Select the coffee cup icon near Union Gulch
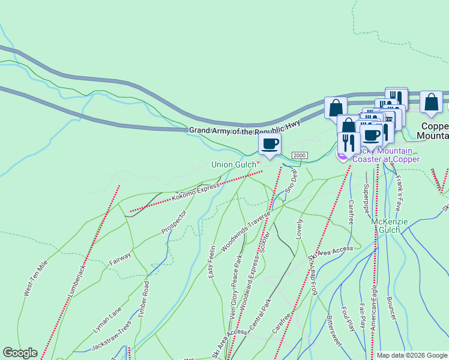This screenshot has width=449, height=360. pyautogui.click(x=270, y=145)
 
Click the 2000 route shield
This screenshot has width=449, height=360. pyautogui.click(x=300, y=156)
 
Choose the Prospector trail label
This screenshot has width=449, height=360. pyautogui.click(x=174, y=222)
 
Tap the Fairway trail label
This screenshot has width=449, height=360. pyautogui.click(x=120, y=259)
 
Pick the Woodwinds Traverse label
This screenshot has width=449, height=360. pyautogui.click(x=246, y=230)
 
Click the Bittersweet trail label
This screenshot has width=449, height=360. pyautogui.click(x=334, y=329)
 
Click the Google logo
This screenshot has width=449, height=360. pyautogui.click(x=20, y=353)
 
